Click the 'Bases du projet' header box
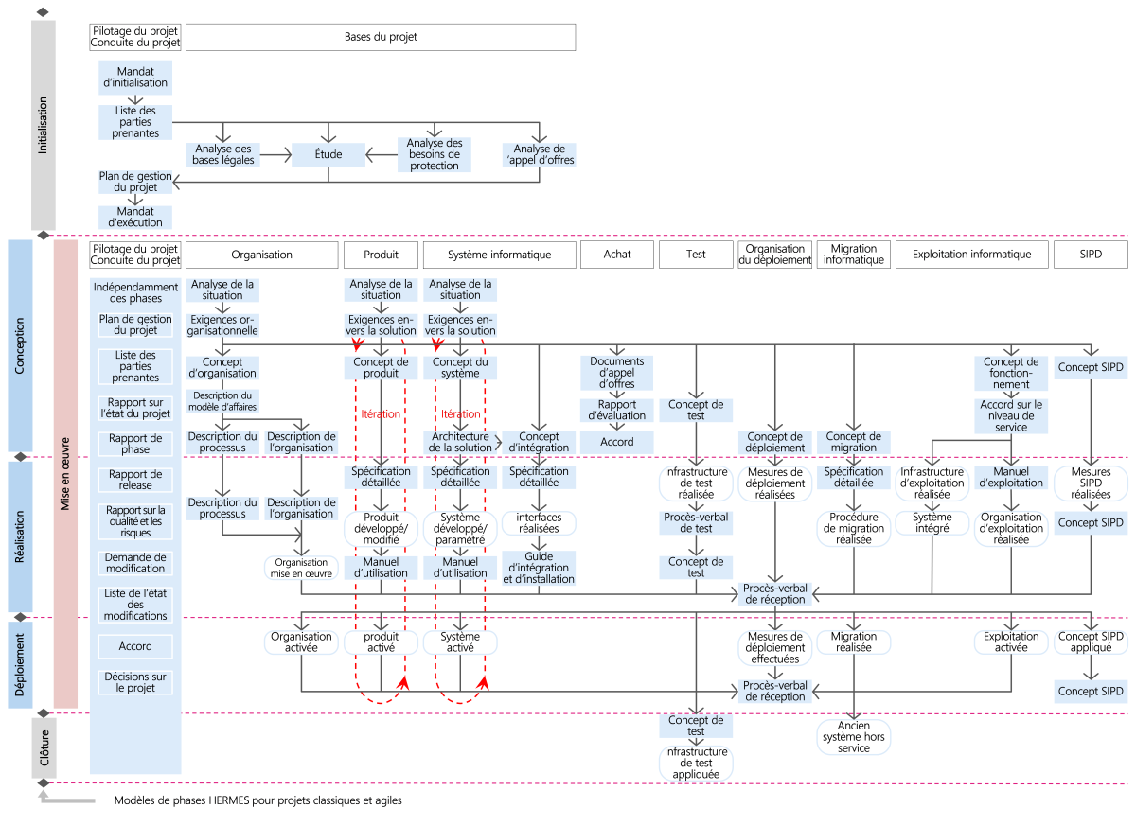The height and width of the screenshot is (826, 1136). (x=381, y=37)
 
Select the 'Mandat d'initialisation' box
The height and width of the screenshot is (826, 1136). (x=135, y=77)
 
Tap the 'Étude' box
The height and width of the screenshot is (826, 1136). (x=328, y=153)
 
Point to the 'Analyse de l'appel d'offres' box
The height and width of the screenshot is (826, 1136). (x=539, y=154)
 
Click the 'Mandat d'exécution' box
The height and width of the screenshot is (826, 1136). (x=135, y=217)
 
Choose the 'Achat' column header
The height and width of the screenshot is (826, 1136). (x=617, y=255)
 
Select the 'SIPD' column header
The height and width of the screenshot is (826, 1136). (x=1091, y=255)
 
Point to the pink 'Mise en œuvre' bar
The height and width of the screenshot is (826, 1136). (x=65, y=473)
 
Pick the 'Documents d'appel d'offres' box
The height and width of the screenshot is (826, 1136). (x=617, y=372)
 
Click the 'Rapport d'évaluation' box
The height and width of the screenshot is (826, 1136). (x=617, y=410)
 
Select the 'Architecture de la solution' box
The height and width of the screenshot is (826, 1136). (x=460, y=441)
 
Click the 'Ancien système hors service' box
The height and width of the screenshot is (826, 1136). (x=854, y=735)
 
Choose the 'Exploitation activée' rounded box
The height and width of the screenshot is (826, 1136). (x=1011, y=642)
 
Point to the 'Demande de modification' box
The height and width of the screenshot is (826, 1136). (x=135, y=563)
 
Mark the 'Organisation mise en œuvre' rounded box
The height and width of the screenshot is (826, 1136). (x=302, y=567)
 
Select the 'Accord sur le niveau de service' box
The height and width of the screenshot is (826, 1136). (x=1011, y=415)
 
